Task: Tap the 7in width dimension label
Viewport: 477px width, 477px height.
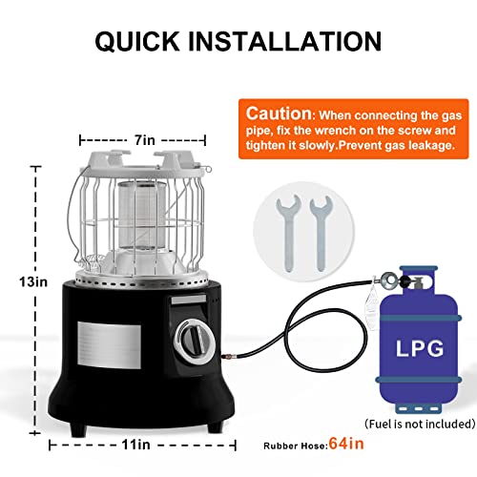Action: coord(145,139)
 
